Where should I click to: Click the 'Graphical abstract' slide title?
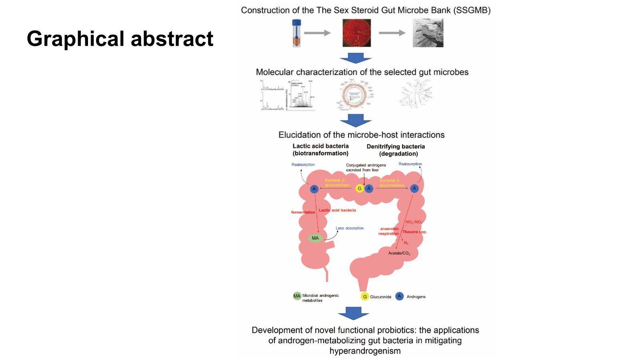(120, 38)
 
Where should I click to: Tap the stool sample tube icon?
(296, 34)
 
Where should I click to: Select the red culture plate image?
(356, 34)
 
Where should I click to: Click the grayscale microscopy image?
(428, 34)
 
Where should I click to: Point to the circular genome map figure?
(354, 95)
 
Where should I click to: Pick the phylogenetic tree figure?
(417, 94)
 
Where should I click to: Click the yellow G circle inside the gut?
(360, 188)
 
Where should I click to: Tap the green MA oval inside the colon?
(315, 238)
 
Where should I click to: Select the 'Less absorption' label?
(350, 228)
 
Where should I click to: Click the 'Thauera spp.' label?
(414, 232)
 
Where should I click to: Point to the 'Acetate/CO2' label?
(399, 253)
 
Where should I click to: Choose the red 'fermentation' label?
(303, 212)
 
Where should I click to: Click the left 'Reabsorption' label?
(303, 164)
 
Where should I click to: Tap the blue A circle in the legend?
(399, 296)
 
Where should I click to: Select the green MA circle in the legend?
(297, 296)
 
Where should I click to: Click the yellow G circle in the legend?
(365, 296)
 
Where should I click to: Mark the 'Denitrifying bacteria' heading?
(396, 146)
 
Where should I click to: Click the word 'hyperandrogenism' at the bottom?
(365, 351)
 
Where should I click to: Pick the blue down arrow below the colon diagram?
(353, 313)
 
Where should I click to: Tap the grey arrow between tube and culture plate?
(317, 33)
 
